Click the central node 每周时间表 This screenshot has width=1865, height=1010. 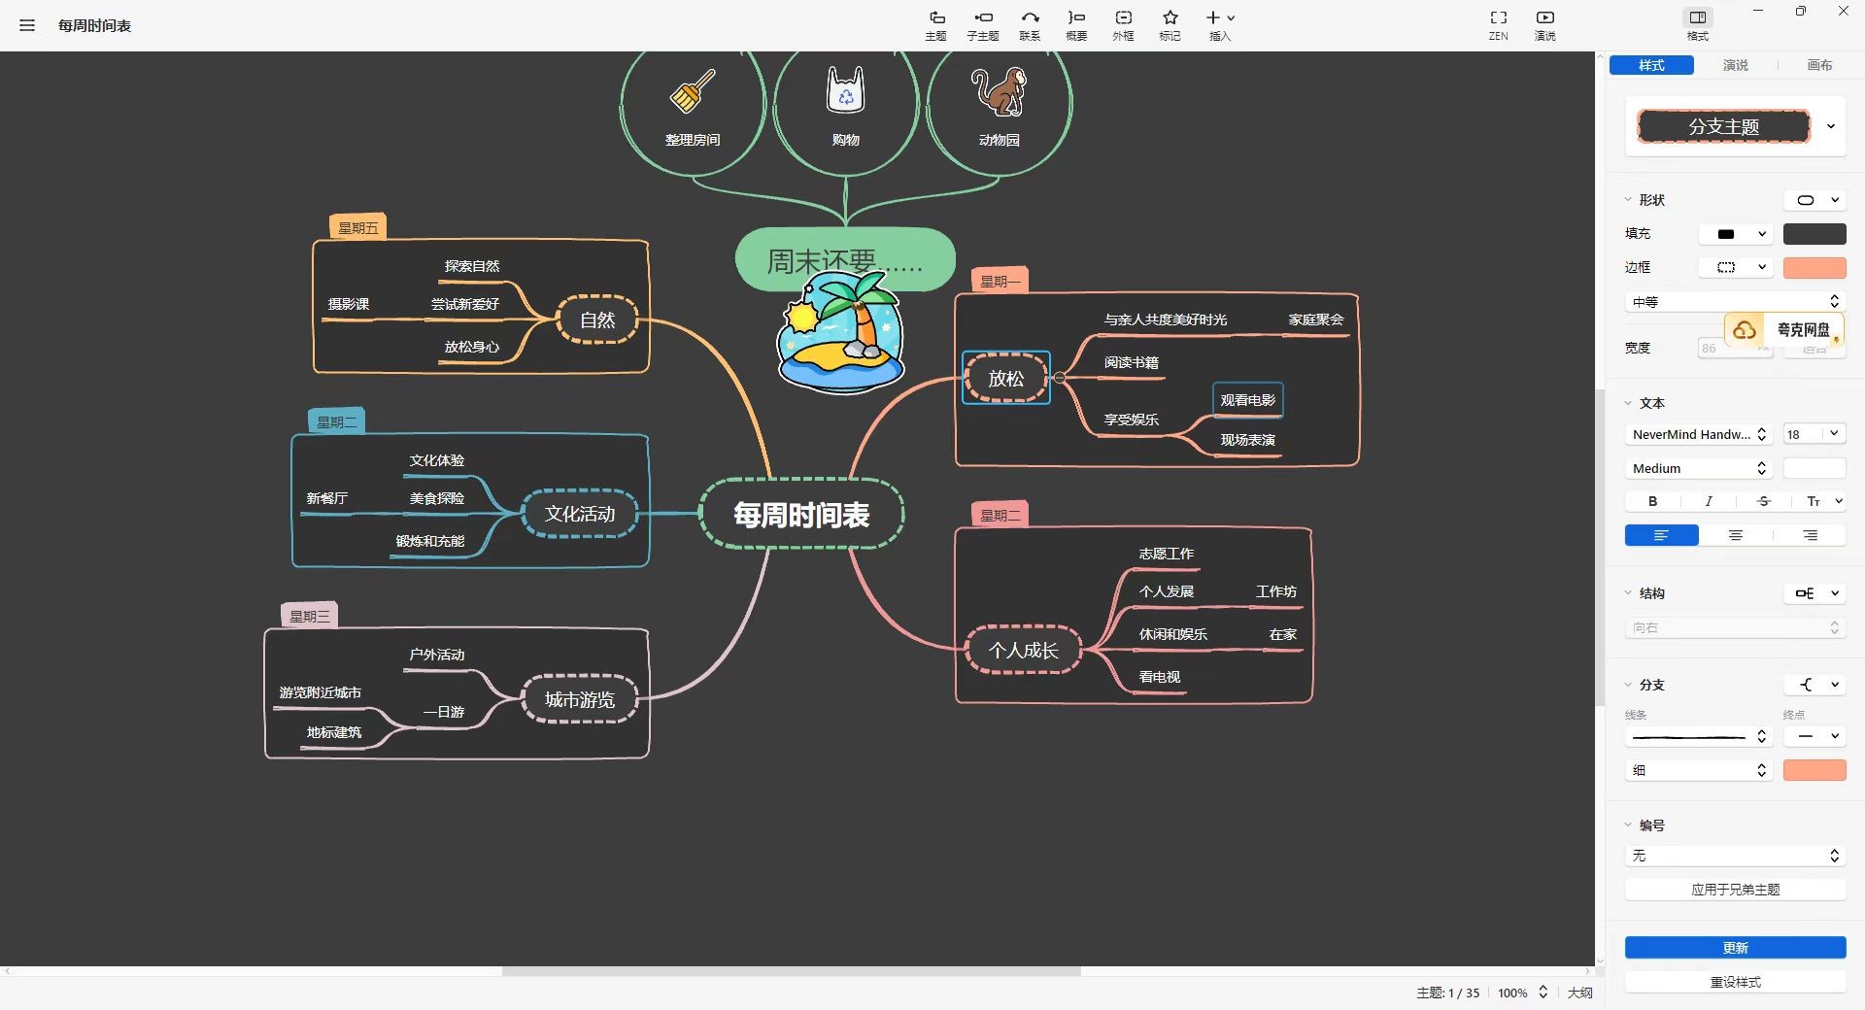click(801, 515)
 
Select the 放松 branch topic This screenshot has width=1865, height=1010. click(1005, 378)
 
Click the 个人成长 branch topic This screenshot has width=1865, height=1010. click(1023, 650)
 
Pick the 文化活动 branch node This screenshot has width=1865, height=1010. click(579, 514)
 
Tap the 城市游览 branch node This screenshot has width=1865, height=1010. click(579, 699)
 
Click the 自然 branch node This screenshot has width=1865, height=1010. click(596, 320)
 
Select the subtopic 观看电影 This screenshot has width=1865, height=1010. click(1247, 399)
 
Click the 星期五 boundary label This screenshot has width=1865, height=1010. click(357, 227)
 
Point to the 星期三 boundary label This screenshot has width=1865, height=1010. click(309, 616)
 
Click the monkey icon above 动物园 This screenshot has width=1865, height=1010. click(1000, 92)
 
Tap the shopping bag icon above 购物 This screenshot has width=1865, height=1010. click(845, 90)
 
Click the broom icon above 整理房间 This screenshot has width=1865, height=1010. click(693, 91)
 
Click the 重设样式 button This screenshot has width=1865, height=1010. click(1735, 982)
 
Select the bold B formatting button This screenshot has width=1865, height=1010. click(1652, 501)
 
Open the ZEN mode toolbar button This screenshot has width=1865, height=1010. click(1498, 24)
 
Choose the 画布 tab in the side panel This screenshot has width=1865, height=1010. click(1819, 65)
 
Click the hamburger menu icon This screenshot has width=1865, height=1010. click(27, 25)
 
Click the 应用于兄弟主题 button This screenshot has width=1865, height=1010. click(1735, 890)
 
